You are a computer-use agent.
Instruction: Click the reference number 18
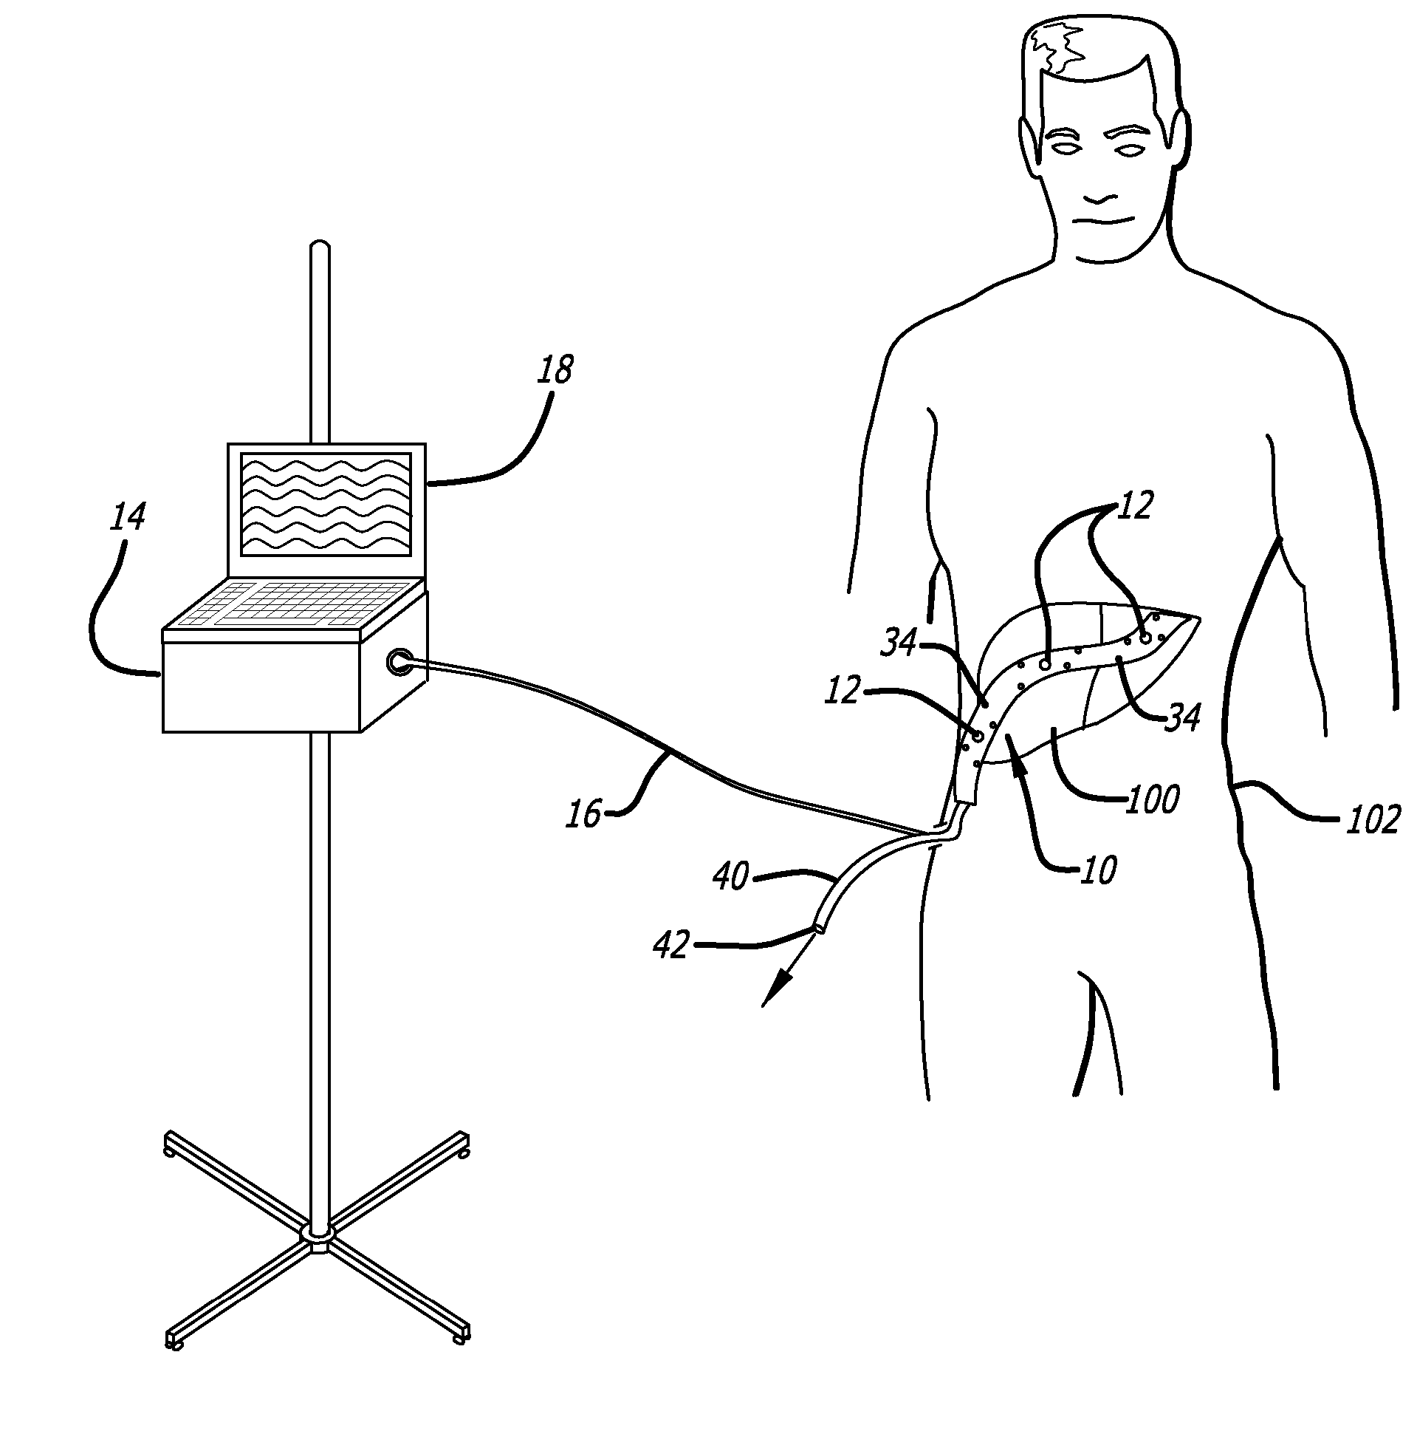555,370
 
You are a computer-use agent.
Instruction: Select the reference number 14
128,517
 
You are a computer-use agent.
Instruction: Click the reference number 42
671,946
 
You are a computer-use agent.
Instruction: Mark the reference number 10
1098,870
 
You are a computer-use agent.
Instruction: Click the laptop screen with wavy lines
325,504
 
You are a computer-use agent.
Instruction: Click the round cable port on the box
399,661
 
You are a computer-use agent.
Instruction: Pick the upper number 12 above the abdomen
1133,506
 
